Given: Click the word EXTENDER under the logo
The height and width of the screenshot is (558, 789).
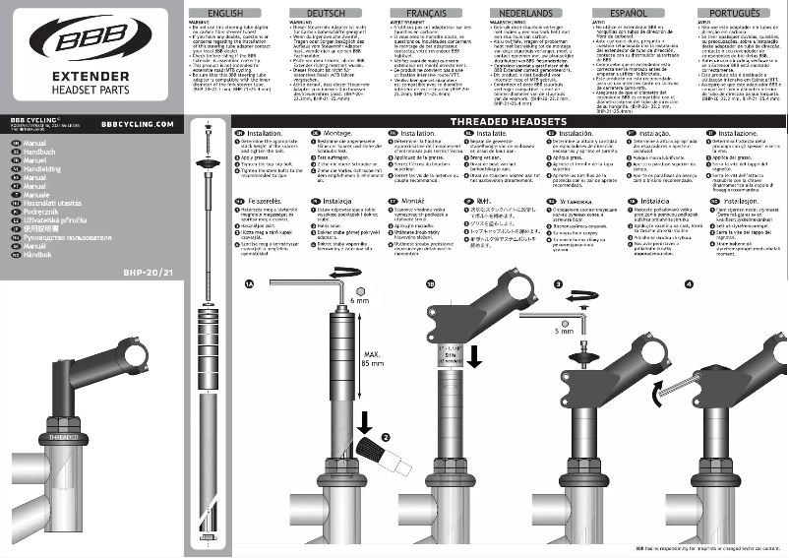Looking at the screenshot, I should (87, 76).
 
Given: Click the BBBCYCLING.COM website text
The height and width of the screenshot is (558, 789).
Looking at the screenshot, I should (137, 125).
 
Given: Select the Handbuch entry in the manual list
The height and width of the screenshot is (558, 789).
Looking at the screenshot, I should (40, 153).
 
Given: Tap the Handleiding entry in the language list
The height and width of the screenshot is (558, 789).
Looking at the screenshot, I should (44, 168).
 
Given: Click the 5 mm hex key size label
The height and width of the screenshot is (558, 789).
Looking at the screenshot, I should (563, 332).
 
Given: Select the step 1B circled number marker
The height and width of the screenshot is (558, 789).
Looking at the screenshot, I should (429, 283).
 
